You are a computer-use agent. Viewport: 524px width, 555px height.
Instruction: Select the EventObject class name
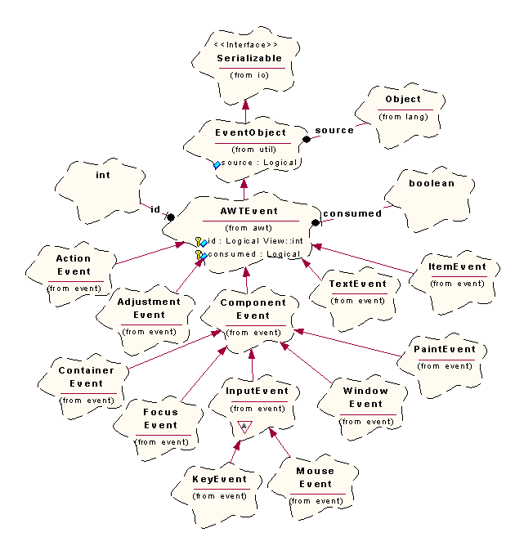(250, 132)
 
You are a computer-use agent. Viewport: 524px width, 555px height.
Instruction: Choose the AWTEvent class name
(249, 211)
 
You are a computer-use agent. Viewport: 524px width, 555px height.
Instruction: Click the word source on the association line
(334, 130)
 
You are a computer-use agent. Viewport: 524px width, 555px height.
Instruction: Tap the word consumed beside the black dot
(352, 213)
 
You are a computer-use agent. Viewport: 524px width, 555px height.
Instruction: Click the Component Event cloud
(253, 316)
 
